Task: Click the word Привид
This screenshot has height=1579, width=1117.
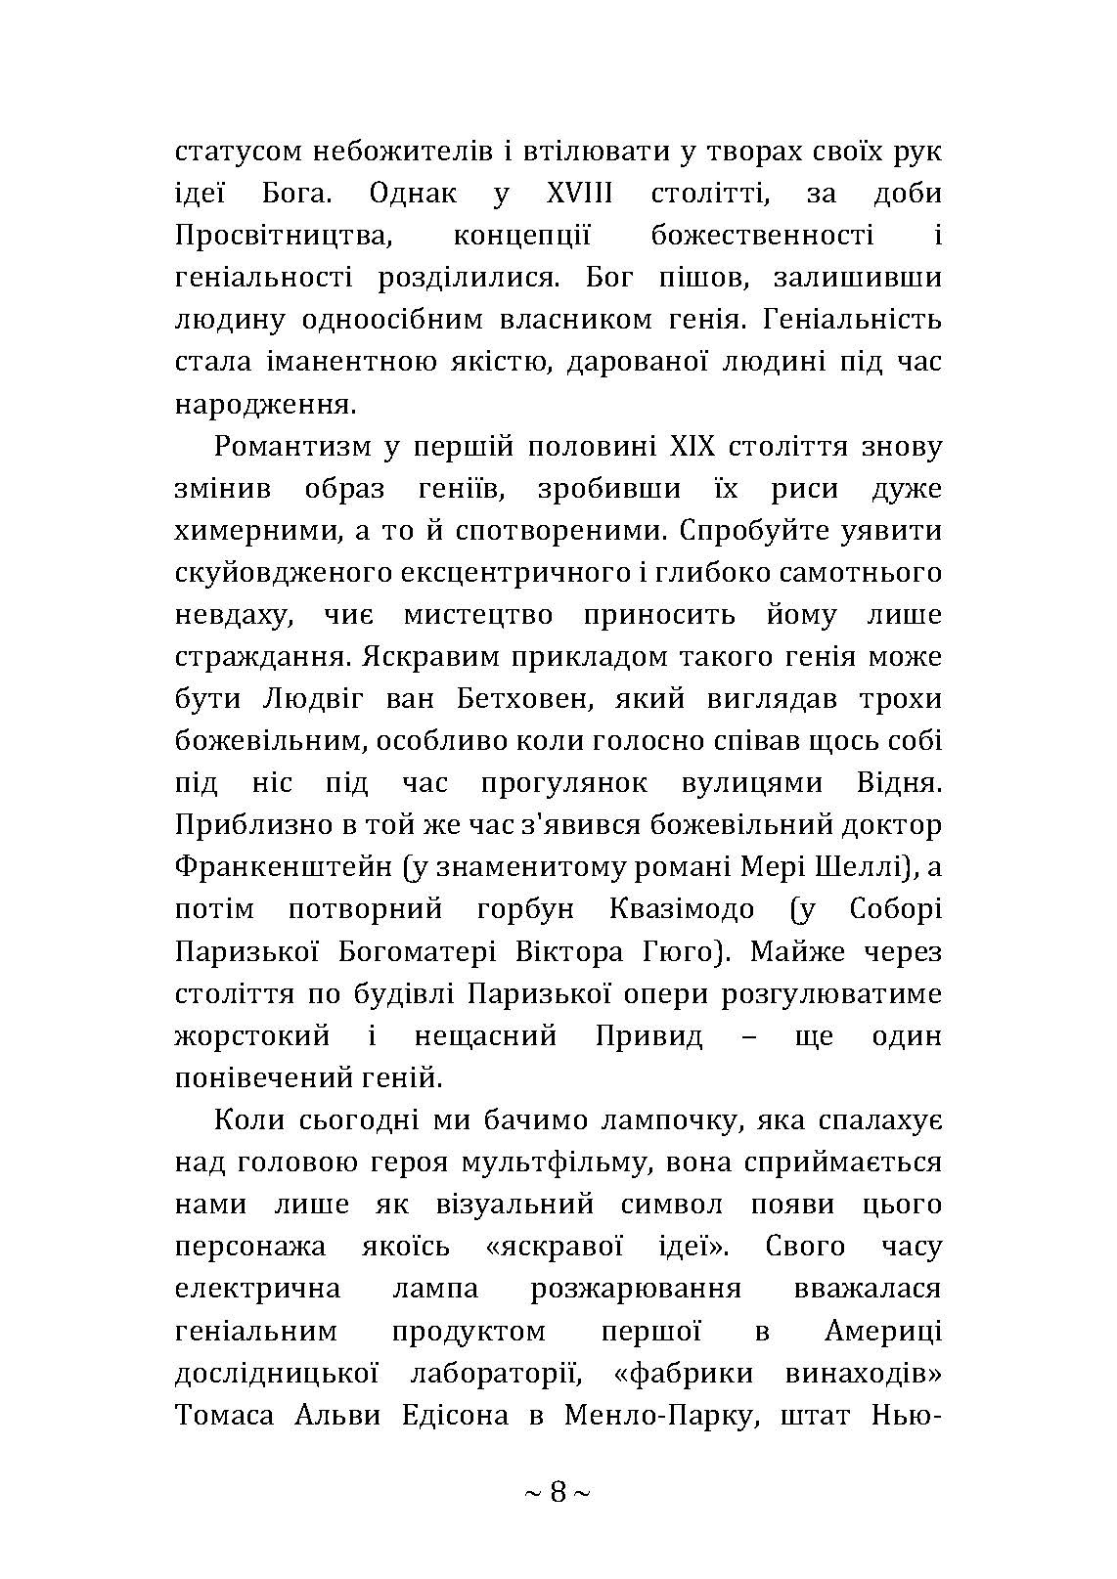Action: (649, 1035)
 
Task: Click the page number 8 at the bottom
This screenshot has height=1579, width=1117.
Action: (558, 1492)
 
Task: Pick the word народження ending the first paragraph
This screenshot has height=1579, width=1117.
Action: (263, 404)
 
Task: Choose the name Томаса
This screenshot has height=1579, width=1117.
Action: (226, 1415)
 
